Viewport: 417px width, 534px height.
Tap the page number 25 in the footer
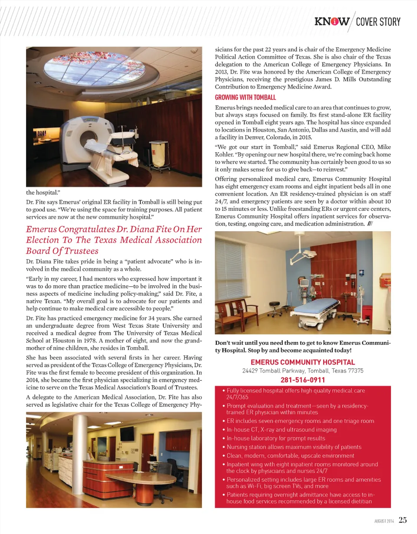pyautogui.click(x=403, y=520)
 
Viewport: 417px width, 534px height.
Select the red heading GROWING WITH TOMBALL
pyautogui.click(x=245, y=98)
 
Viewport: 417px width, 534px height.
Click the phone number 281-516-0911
pyautogui.click(x=303, y=380)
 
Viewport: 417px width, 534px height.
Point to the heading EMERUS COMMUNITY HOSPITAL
pyautogui.click(x=303, y=362)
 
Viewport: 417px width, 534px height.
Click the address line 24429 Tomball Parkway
pyautogui.click(x=303, y=371)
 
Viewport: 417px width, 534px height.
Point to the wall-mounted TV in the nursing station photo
pyautogui.click(x=127, y=433)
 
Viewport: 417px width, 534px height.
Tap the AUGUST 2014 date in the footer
pyautogui.click(x=384, y=521)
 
